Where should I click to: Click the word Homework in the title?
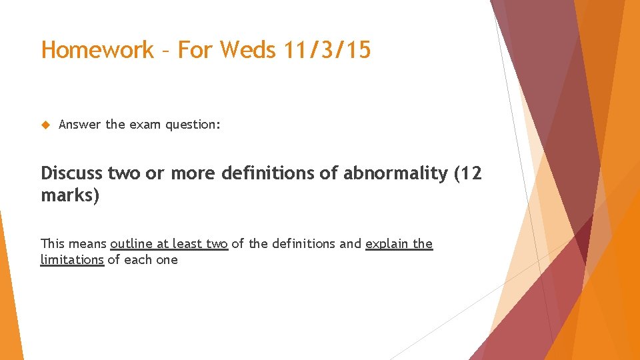coord(97,50)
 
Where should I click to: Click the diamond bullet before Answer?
coord(46,125)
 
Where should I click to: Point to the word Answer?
coord(80,125)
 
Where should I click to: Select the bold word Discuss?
coord(71,173)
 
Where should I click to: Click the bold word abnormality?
coord(395,173)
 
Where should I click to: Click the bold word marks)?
coord(70,197)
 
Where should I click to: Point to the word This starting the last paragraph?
coord(53,244)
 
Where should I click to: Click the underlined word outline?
coord(131,244)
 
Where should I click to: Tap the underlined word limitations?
coord(72,260)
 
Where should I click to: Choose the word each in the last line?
coord(137,260)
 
